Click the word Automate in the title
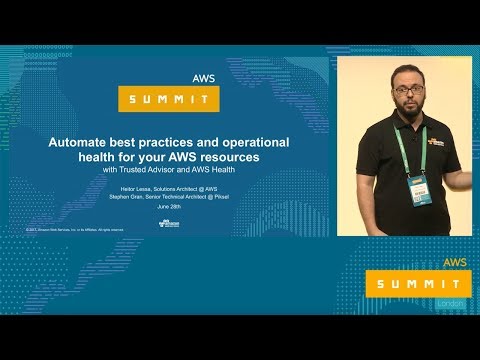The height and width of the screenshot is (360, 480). (81, 142)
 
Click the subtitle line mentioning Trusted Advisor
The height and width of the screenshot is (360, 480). (169, 171)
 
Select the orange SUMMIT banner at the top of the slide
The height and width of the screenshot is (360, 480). (169, 99)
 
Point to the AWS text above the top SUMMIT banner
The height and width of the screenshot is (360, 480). (205, 76)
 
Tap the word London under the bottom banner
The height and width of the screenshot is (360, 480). (456, 303)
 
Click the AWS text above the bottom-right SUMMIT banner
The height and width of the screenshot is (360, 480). (456, 261)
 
